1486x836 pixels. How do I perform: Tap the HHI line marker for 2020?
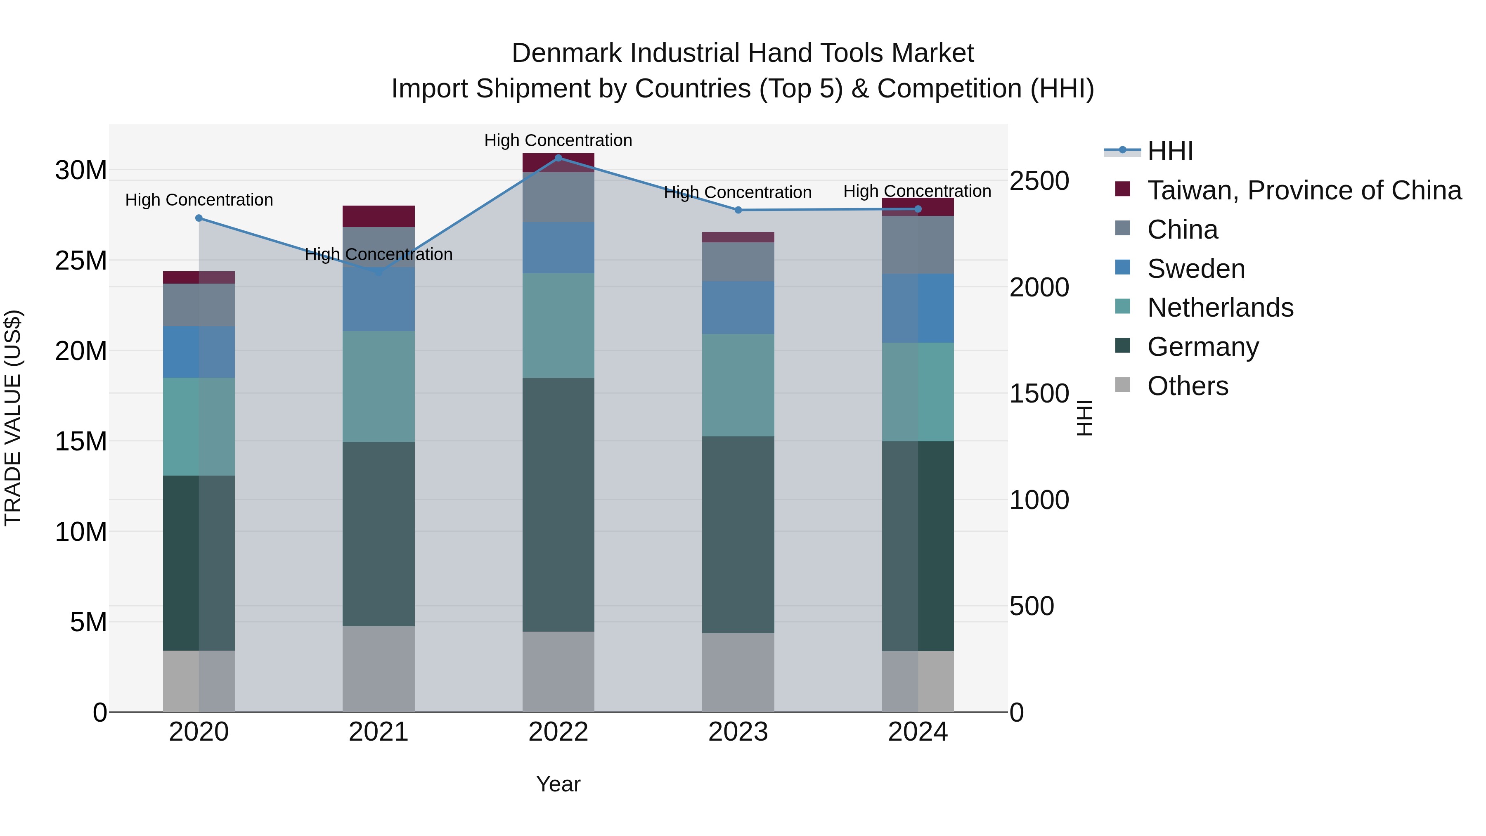199,218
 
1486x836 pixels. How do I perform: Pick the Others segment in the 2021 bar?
379,669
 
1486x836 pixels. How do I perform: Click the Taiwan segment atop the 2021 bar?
379,216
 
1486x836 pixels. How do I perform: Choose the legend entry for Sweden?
1195,269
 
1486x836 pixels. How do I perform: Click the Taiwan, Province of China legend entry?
1304,190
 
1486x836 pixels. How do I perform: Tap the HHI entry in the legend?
1169,151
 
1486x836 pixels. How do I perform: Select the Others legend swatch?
1123,385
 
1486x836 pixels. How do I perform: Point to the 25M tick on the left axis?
81,261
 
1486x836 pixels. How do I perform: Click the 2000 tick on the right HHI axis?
1039,287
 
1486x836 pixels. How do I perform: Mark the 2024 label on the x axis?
917,732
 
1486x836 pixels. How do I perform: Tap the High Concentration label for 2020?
199,200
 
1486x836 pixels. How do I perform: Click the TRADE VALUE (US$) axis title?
13,418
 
